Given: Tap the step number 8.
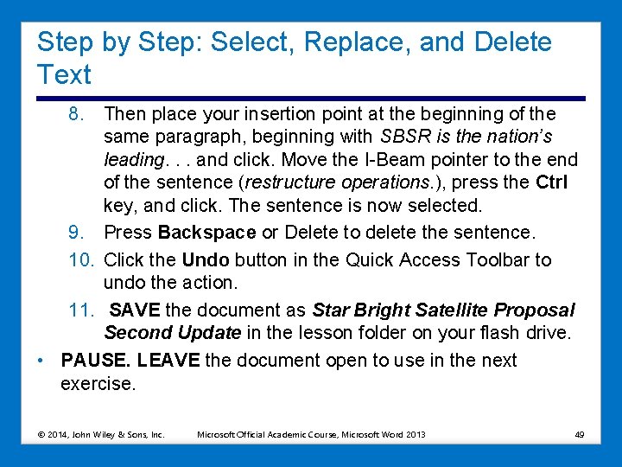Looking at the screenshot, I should (78, 114).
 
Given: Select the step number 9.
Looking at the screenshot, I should (78, 233).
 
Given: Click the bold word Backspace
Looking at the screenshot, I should (207, 233).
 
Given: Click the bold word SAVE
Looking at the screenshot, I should (136, 310).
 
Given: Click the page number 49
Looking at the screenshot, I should (580, 434).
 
